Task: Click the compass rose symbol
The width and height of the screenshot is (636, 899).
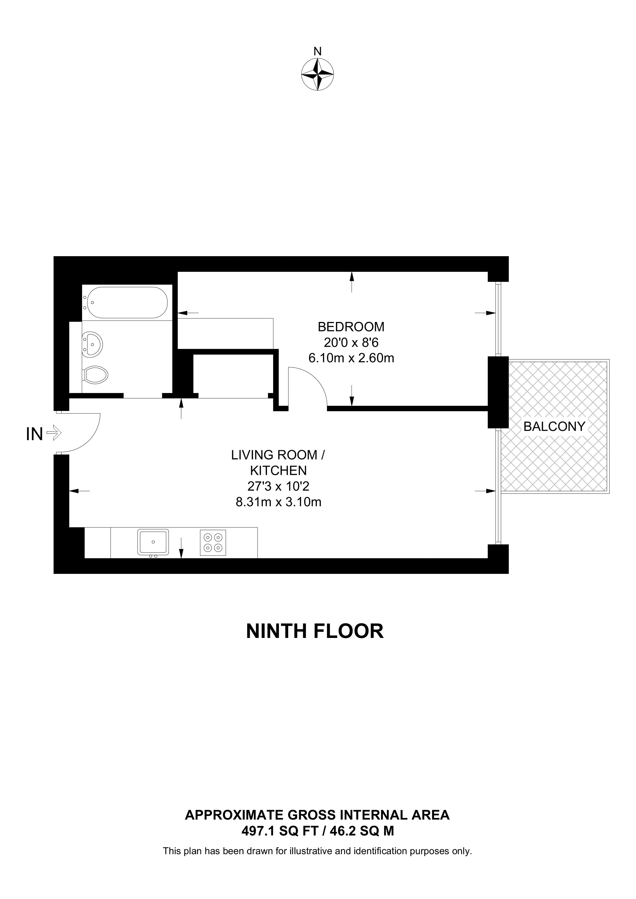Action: pos(317,75)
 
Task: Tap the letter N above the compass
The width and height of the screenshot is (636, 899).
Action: pos(317,51)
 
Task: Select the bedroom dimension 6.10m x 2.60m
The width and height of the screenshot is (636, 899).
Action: pos(351,358)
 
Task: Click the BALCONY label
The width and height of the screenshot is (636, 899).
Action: pos(554,427)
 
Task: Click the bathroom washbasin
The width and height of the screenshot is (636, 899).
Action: pos(93,344)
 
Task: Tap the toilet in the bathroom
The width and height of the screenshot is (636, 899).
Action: pos(96,375)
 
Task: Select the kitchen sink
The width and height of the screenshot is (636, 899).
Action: pos(153,542)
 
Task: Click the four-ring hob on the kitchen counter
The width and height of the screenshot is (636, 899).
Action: pos(213,542)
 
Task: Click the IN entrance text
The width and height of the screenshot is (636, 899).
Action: pos(34,434)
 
